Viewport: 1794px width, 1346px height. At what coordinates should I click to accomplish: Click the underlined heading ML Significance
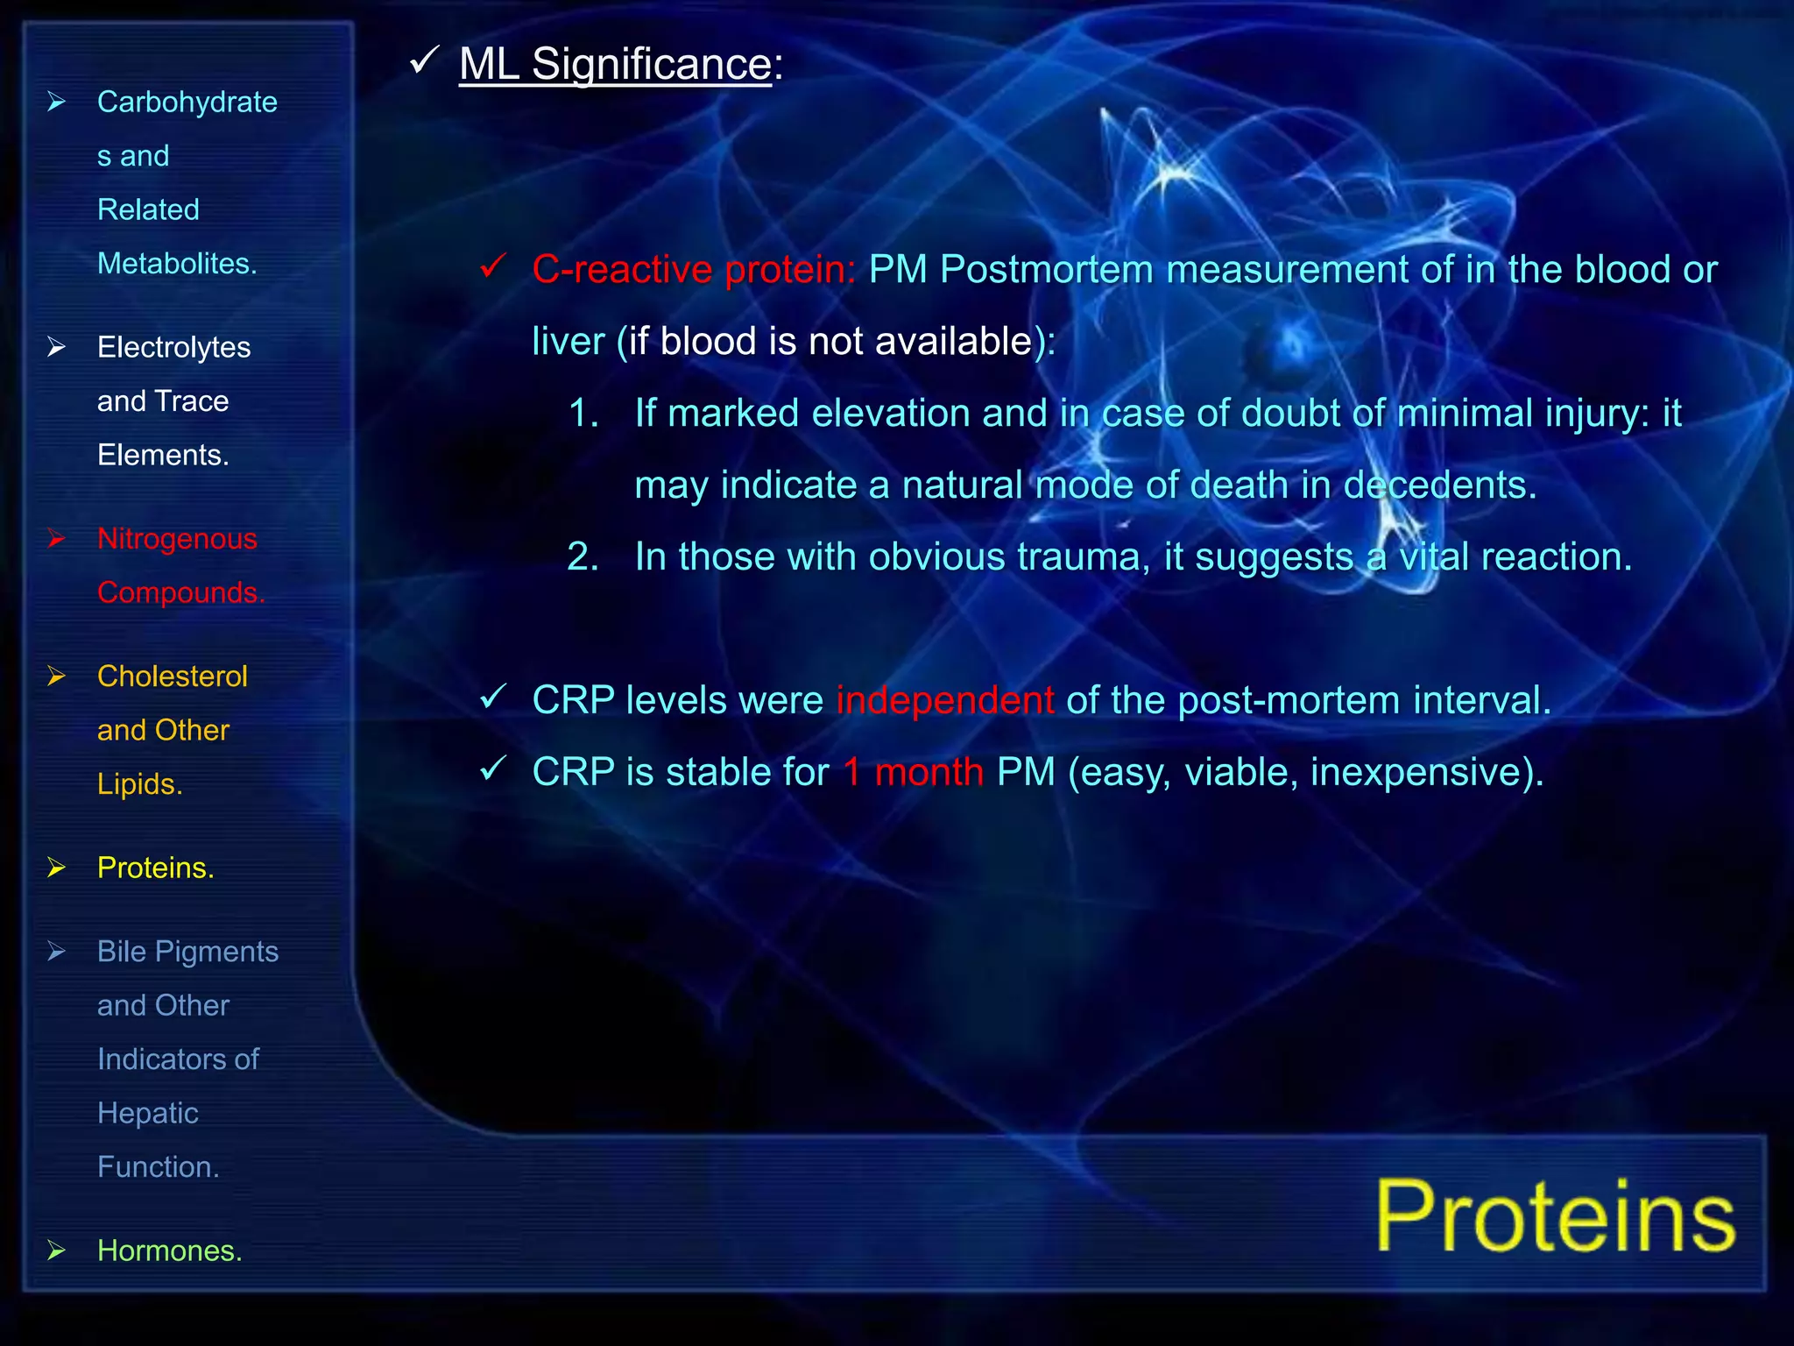pos(615,65)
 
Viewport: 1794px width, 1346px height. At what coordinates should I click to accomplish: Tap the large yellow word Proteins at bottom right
pos(1555,1216)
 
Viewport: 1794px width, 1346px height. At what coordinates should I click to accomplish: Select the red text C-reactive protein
pos(693,270)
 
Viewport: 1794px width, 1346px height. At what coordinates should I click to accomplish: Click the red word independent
pos(944,700)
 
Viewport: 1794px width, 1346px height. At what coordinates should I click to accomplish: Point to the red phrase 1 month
pos(913,772)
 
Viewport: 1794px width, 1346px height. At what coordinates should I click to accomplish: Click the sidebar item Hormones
pos(169,1250)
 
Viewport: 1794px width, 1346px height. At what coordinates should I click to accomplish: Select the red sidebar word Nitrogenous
pos(177,539)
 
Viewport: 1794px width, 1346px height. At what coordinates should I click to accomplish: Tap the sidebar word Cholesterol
pos(172,677)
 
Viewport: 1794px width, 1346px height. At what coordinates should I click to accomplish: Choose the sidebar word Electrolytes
pos(173,348)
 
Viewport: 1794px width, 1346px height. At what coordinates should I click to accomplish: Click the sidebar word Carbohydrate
pos(187,103)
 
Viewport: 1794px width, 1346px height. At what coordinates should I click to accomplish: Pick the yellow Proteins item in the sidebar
pos(155,868)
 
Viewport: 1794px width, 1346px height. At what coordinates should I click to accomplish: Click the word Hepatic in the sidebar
pos(147,1113)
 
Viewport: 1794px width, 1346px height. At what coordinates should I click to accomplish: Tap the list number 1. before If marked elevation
pos(583,414)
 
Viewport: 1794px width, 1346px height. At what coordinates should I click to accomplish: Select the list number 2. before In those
pos(583,557)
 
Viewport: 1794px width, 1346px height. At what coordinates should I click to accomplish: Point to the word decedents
pos(1439,485)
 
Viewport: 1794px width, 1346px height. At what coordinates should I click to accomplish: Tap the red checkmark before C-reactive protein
pos(493,266)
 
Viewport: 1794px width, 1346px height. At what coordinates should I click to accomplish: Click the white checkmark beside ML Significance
pos(424,61)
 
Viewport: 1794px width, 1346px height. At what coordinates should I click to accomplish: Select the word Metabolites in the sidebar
pos(176,264)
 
